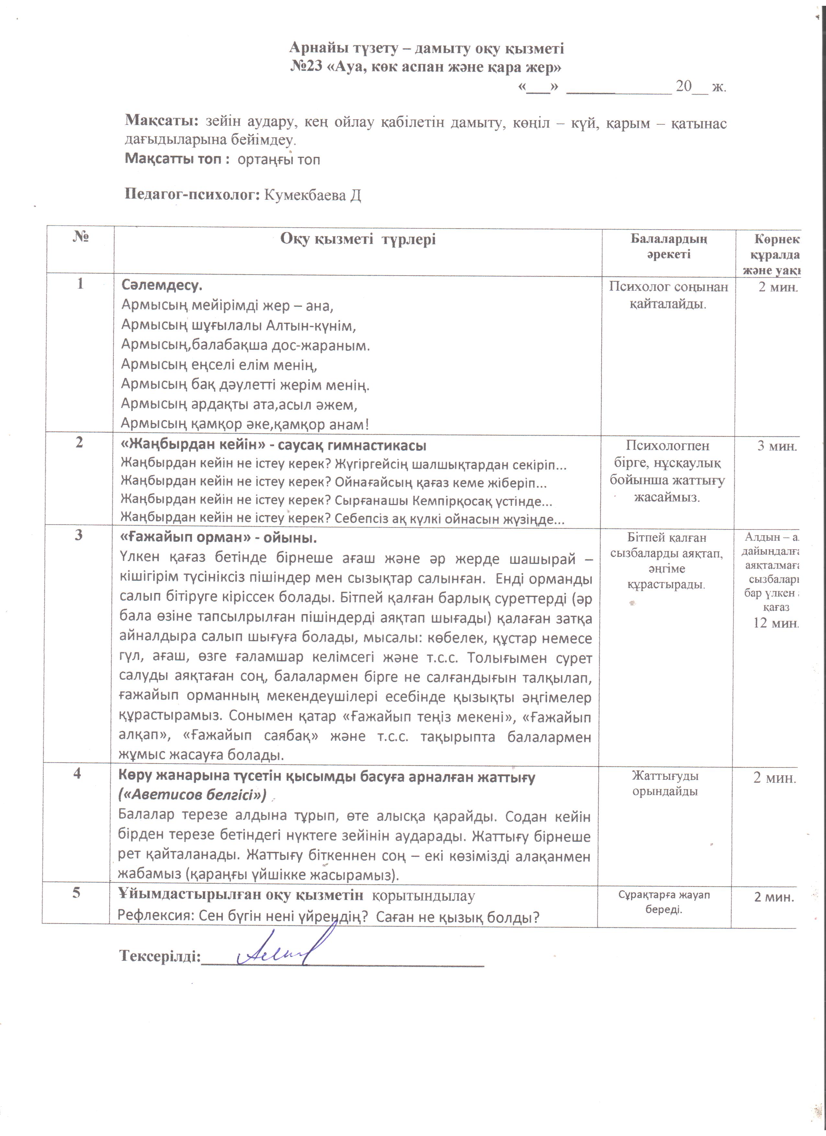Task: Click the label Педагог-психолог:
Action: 192,195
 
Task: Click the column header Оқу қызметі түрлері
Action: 358,239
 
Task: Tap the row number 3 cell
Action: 79,535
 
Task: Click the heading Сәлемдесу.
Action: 161,286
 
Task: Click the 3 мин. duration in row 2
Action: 776,446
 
